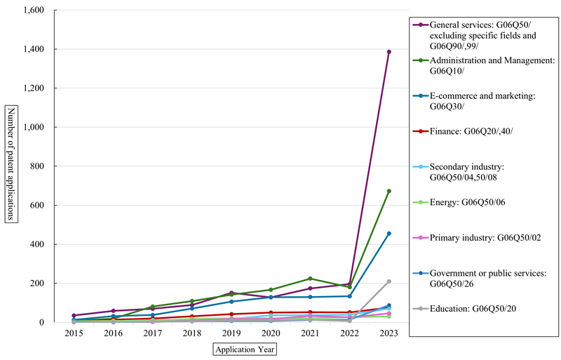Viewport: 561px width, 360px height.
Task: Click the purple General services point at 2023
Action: pos(388,52)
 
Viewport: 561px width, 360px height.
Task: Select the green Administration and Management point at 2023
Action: pos(388,191)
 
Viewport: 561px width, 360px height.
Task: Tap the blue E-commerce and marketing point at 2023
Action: pos(388,234)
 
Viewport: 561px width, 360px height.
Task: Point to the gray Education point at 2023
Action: pos(388,281)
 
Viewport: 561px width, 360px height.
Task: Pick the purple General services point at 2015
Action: pos(74,316)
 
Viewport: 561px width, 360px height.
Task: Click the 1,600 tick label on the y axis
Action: pos(32,11)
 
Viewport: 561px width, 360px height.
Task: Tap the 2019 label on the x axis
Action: pos(231,334)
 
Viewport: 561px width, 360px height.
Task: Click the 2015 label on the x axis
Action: pos(74,334)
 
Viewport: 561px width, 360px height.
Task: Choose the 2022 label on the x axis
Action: pos(349,334)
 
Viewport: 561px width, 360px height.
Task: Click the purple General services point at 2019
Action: pos(231,293)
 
